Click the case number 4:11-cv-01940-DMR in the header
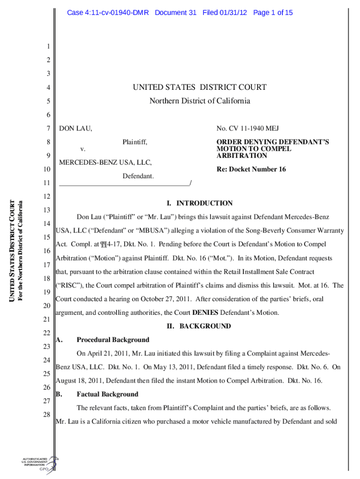(x=108, y=13)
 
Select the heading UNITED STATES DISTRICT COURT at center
(x=200, y=87)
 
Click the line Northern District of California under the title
(x=200, y=101)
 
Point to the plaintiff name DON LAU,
(x=75, y=128)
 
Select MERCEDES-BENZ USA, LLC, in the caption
(x=105, y=162)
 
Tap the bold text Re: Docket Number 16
(x=251, y=169)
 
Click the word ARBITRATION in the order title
(x=242, y=156)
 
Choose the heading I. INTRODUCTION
(x=200, y=203)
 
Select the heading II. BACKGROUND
(x=200, y=326)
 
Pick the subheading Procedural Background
(x=113, y=340)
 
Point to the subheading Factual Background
(x=107, y=394)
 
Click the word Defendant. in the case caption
(x=138, y=176)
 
